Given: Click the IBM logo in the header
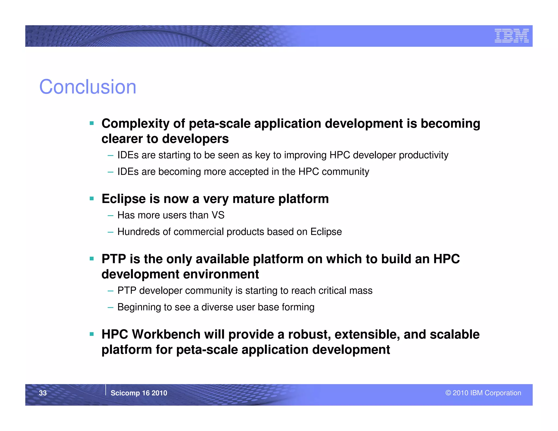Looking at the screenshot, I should (x=511, y=36).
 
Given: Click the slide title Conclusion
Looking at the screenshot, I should (x=87, y=87).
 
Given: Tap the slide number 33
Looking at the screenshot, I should (x=43, y=393).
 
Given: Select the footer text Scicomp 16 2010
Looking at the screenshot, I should (x=139, y=393).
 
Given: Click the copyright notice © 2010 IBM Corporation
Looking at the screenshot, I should (x=483, y=393).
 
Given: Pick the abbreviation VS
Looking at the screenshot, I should (x=218, y=215).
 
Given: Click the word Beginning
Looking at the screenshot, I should (x=139, y=307).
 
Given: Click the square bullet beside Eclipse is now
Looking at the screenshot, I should (x=92, y=198).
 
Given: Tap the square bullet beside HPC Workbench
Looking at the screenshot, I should (x=92, y=334).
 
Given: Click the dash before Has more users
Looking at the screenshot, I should (x=110, y=216).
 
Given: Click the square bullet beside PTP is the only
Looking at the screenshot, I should (x=92, y=259).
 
